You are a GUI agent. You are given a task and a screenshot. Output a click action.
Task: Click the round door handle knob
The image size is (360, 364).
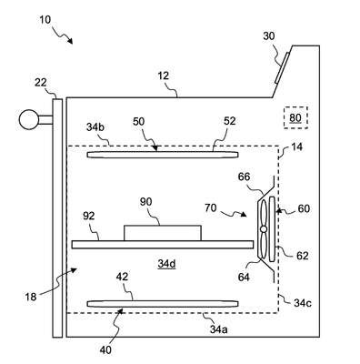coord(29,119)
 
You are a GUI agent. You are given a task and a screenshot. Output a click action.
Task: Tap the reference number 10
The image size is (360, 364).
coord(45,20)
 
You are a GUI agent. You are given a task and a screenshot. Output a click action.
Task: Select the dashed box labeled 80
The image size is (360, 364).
coord(295,117)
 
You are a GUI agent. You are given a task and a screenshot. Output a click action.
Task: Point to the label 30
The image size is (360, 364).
coord(268,36)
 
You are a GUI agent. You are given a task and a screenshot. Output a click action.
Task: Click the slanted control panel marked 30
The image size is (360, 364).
coord(283,67)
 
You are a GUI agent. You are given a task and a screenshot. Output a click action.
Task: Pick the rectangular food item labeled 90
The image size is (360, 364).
coord(163,233)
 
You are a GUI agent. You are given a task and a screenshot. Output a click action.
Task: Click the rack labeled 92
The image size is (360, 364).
coord(163,245)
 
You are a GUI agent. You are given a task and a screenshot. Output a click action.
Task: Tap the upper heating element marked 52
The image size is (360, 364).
coord(163,155)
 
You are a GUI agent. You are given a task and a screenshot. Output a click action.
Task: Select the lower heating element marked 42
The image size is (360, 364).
coord(163,304)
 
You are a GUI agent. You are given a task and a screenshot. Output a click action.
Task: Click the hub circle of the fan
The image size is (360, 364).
coord(264,229)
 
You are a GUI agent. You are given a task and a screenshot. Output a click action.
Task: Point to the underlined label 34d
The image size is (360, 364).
coord(166,264)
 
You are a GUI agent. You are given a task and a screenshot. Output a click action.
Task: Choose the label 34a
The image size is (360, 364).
coord(219,329)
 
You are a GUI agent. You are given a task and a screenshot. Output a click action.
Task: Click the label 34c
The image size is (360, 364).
coord(303,303)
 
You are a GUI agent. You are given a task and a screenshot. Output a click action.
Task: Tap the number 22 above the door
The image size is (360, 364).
coord(41,82)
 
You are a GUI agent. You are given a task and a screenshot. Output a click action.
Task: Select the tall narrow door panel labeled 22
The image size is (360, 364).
coord(57,217)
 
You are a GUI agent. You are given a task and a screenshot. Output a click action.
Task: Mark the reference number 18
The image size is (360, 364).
coord(31,297)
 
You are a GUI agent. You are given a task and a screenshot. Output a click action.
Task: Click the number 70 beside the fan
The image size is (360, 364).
coord(211,208)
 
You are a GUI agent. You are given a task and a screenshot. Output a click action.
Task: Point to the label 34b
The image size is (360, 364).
coord(95,127)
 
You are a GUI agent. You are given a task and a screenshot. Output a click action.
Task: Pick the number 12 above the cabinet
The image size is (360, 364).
coord(164,76)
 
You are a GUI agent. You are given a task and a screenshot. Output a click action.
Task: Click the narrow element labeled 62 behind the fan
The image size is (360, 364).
coord(272,228)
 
